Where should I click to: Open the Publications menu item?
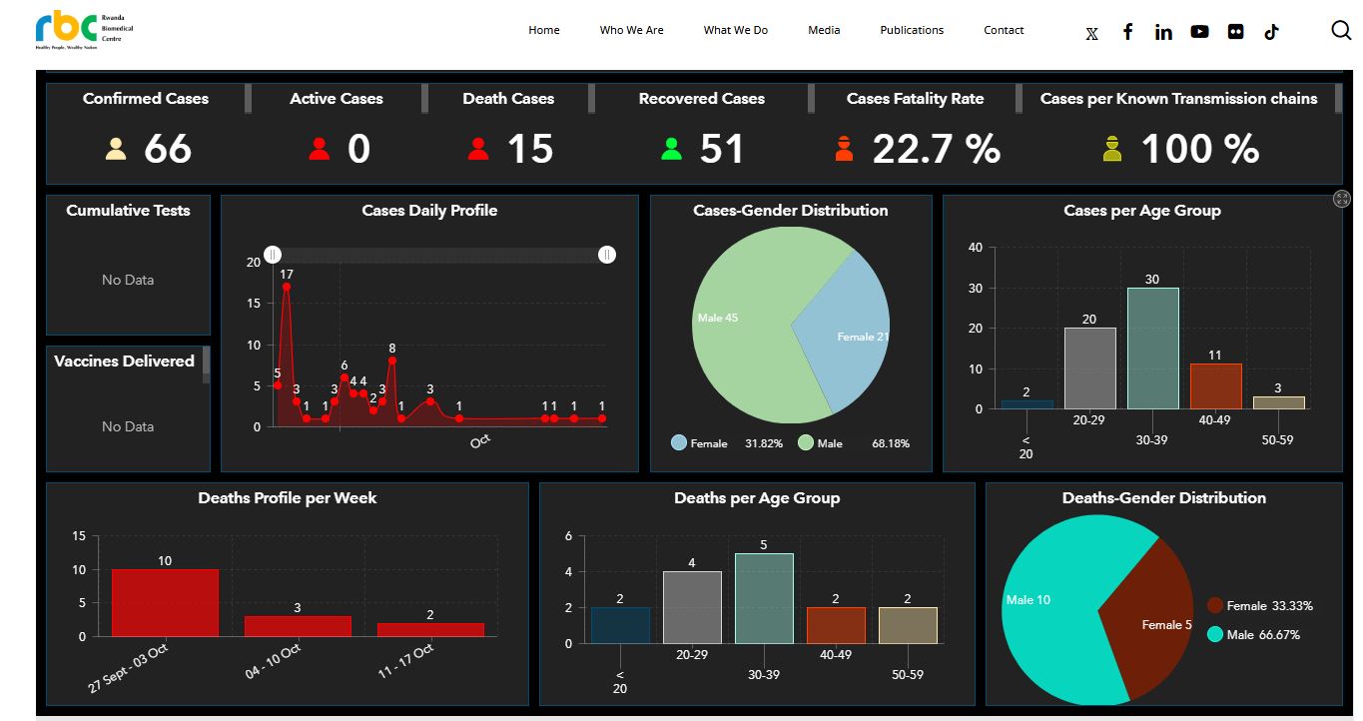pos(911,30)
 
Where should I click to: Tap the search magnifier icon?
pos(1341,30)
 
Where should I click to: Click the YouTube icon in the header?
pos(1199,31)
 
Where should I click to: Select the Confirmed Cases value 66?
pos(167,150)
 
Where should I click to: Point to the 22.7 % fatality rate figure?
pos(936,150)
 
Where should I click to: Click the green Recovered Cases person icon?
pos(671,149)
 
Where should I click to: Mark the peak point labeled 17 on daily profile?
pos(287,287)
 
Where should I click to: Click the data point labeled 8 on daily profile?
pos(392,360)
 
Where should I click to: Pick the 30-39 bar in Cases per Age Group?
pos(1152,349)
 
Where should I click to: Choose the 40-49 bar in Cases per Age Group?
pos(1215,386)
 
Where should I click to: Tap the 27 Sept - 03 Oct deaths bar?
pos(165,602)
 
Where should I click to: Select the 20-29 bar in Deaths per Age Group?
pos(692,607)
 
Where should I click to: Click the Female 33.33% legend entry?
pos(1259,606)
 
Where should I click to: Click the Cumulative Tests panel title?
pos(128,211)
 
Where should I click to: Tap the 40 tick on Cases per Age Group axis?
pos(976,248)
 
